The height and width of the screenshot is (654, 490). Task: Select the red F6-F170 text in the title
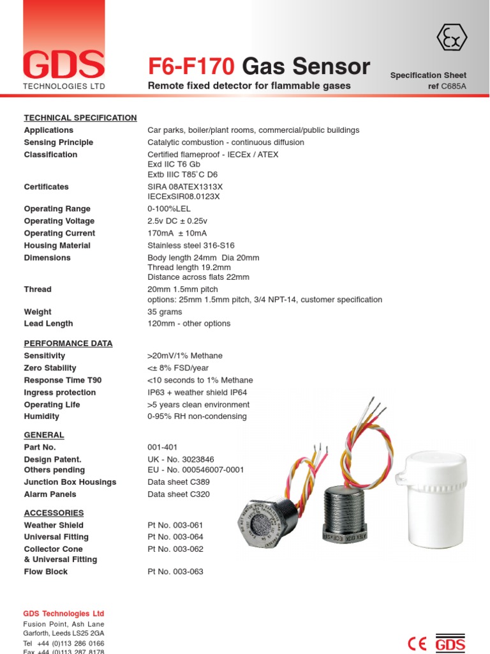192,66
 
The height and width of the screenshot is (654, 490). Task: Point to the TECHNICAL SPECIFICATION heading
80,118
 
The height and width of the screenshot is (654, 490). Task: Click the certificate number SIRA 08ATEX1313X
185,186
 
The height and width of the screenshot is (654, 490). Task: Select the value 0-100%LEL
169,209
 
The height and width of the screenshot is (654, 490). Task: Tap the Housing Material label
57,245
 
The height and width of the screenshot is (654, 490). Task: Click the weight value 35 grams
165,312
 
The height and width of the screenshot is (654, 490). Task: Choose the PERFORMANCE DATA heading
68,343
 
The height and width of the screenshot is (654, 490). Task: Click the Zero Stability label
50,368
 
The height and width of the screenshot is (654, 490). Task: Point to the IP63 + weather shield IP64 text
197,392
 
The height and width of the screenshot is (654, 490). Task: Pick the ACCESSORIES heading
54,513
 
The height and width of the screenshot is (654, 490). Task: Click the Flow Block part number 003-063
175,572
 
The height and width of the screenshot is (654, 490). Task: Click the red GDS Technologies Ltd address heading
64,613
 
